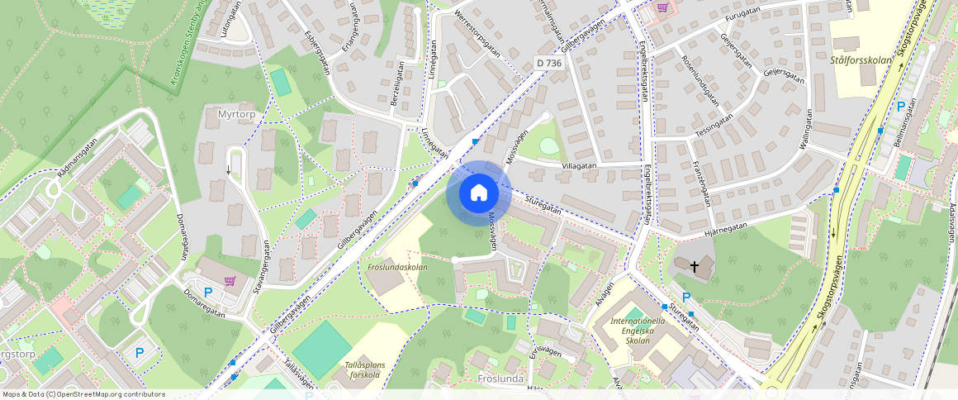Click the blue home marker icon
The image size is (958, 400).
478,193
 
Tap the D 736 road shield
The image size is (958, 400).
548,62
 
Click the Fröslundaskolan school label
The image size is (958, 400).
397,267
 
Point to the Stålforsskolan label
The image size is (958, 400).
861,60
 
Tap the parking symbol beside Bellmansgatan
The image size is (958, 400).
901,107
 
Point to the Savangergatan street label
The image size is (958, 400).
266,264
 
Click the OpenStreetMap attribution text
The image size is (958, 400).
83,394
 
